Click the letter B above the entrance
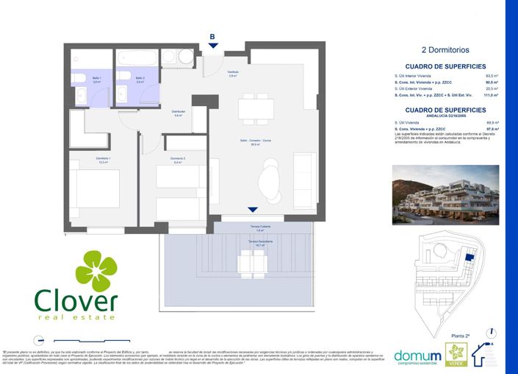pyautogui.click(x=212, y=36)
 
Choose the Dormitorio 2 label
pyautogui.click(x=177, y=160)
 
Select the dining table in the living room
pyautogui.click(x=254, y=110)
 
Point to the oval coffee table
pyautogui.click(x=269, y=178)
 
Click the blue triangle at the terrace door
pyautogui.click(x=253, y=210)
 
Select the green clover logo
pyautogui.click(x=96, y=271)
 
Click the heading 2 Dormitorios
pyautogui.click(x=445, y=50)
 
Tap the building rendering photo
pyautogui.click(x=445, y=194)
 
